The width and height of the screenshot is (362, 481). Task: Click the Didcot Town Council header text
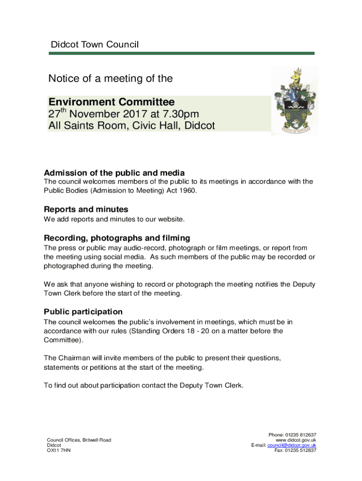click(94, 45)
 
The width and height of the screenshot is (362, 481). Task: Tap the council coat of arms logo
click(295, 101)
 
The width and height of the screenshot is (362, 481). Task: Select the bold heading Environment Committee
click(111, 102)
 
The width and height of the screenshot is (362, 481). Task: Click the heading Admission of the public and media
click(114, 173)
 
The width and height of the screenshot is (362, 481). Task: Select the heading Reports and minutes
click(86, 209)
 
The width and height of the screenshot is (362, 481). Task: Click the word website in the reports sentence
click(171, 219)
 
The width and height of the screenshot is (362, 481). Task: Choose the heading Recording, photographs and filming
click(117, 238)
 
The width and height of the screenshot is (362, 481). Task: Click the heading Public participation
click(83, 312)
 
